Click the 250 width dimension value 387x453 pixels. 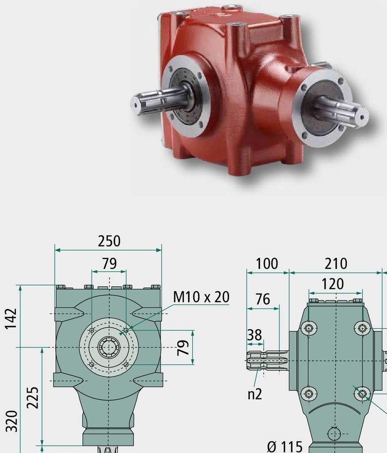(x=109, y=241)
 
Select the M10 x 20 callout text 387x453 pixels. (x=201, y=297)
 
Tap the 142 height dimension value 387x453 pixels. (x=11, y=319)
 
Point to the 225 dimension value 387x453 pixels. (x=32, y=398)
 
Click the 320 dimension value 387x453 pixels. (x=12, y=421)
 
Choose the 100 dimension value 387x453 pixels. (x=267, y=264)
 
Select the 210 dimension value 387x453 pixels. (x=336, y=264)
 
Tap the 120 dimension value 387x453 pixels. (x=333, y=284)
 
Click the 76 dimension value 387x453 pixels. (x=263, y=299)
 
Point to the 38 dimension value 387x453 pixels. (x=255, y=335)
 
